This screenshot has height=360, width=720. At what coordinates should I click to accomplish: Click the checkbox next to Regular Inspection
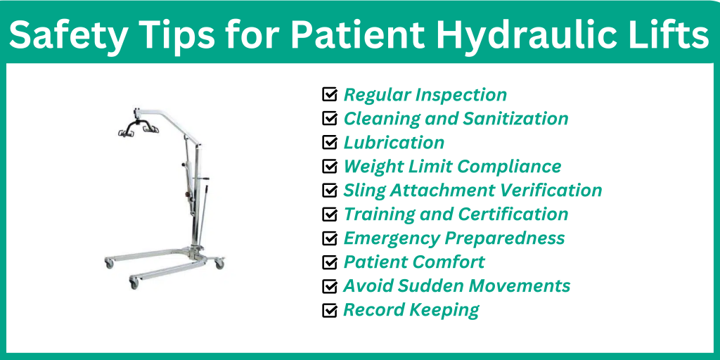point(329,94)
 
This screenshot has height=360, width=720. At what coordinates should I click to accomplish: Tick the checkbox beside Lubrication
point(329,142)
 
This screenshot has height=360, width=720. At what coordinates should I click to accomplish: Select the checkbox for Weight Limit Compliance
point(329,167)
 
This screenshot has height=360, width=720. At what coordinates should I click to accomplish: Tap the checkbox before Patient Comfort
point(329,262)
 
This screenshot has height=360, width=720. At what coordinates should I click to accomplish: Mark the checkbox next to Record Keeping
point(329,310)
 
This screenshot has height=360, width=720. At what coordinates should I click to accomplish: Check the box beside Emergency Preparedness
point(329,238)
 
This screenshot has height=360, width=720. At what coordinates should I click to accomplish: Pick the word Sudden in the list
point(434,286)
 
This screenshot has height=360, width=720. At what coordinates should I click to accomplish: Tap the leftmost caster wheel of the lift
point(109,263)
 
